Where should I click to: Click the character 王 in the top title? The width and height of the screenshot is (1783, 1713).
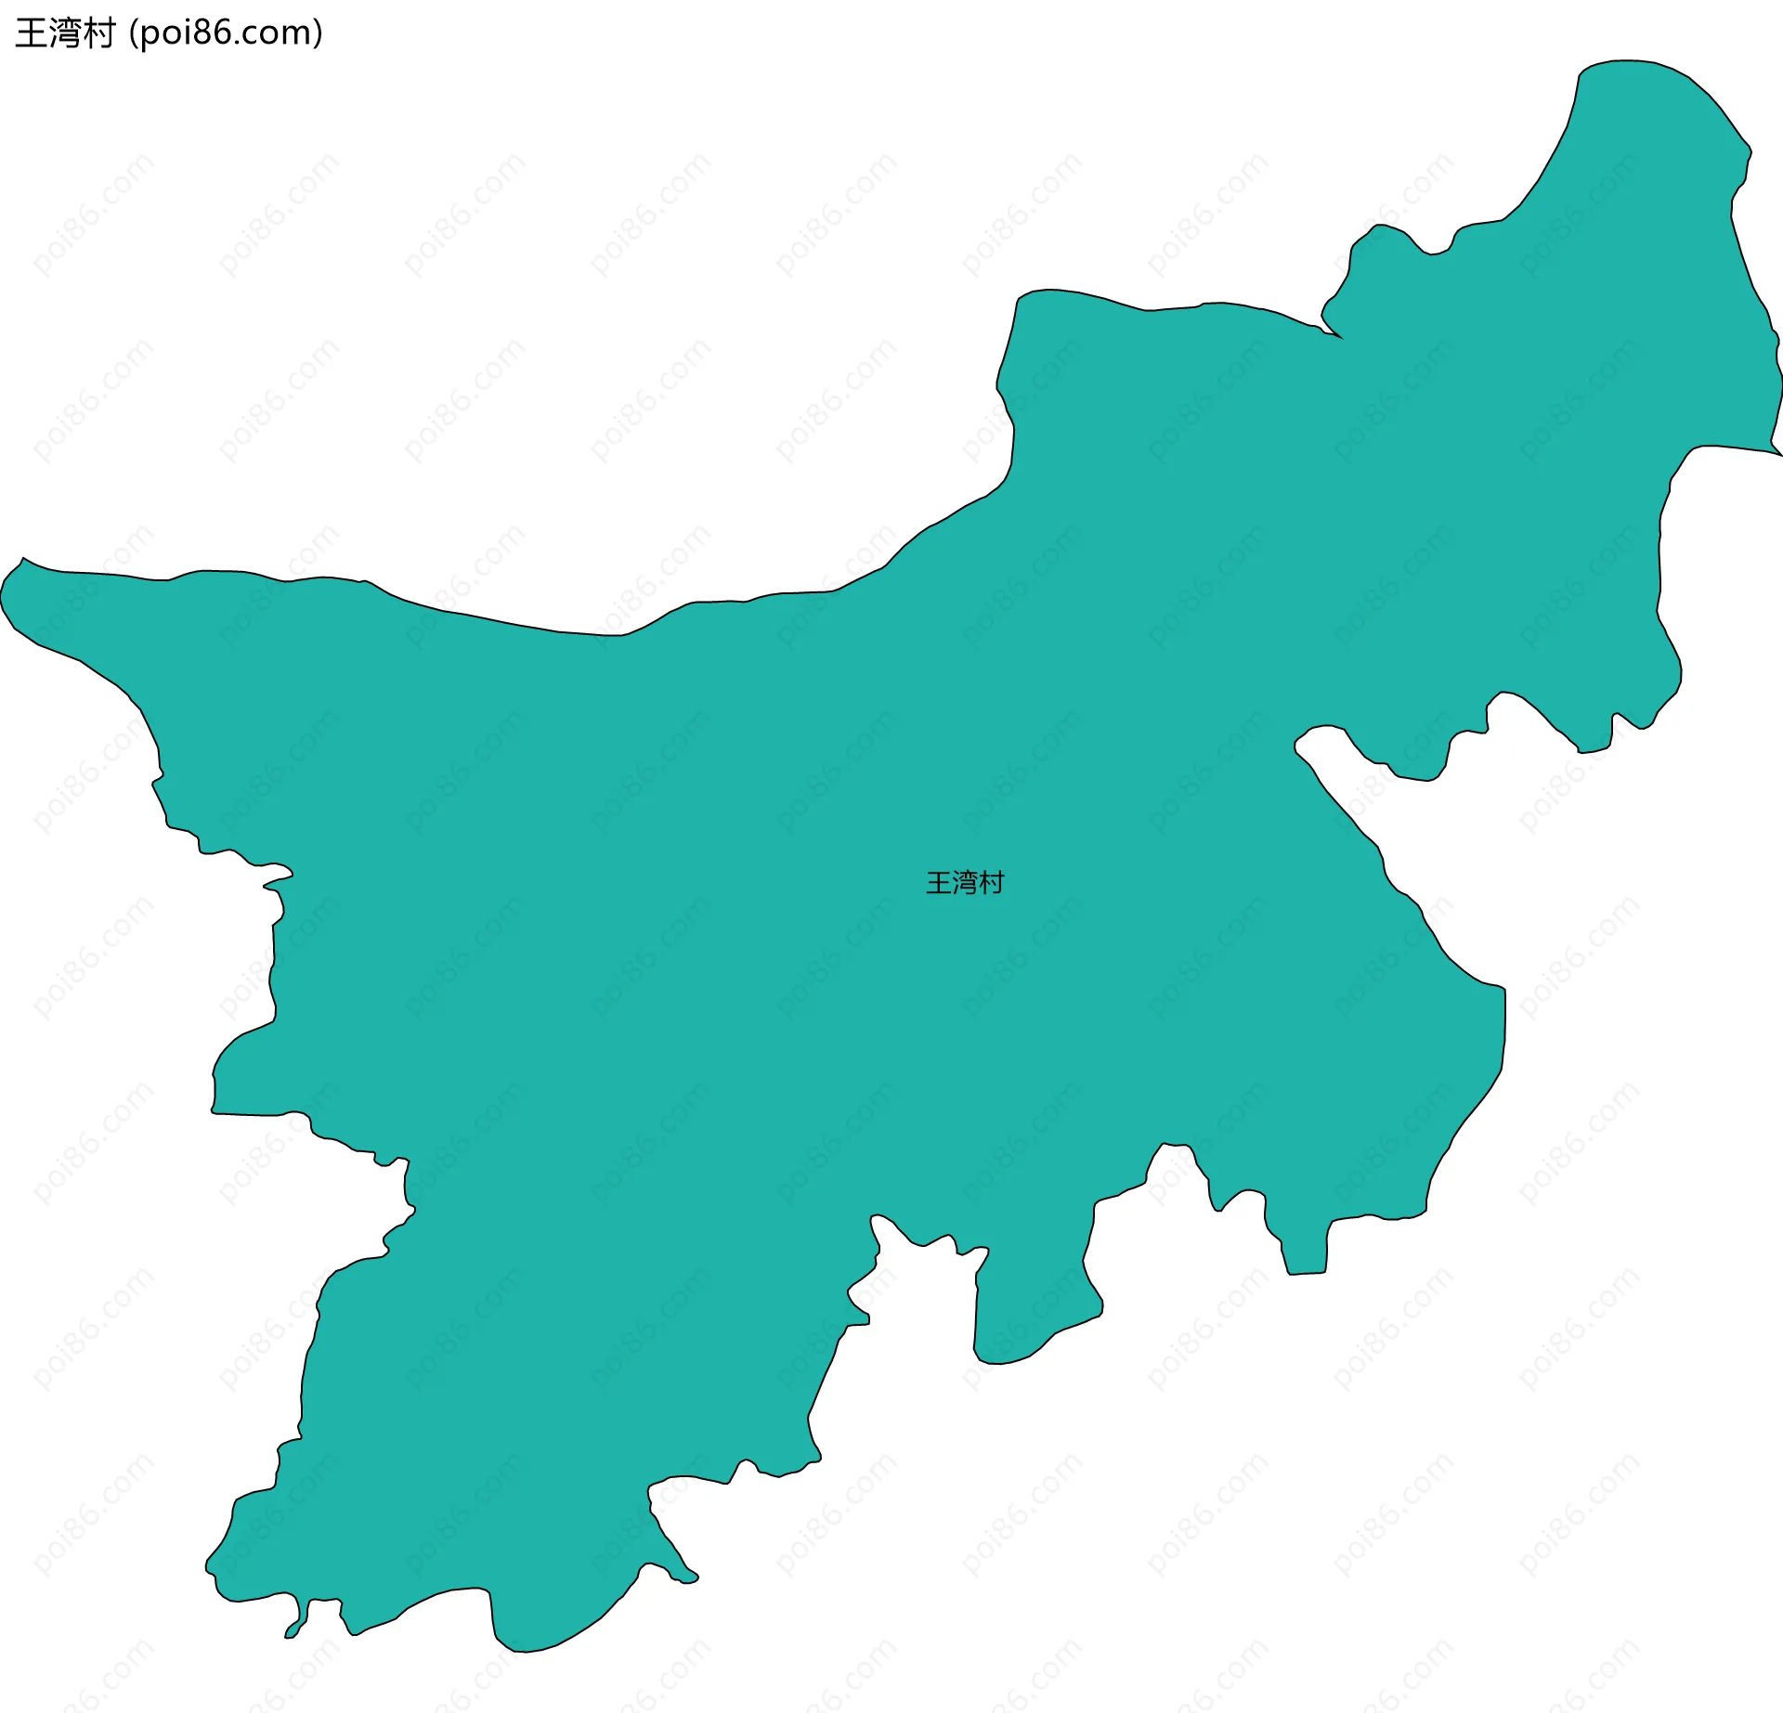(x=31, y=33)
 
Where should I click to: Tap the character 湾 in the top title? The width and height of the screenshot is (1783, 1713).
(x=64, y=33)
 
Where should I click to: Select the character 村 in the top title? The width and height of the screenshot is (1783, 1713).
(x=98, y=33)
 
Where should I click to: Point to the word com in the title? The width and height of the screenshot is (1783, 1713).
(x=274, y=34)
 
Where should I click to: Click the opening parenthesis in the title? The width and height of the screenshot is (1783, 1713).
(x=134, y=34)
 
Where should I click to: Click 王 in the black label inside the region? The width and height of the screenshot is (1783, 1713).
(x=939, y=883)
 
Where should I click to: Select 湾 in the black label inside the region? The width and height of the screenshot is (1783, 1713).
(x=965, y=883)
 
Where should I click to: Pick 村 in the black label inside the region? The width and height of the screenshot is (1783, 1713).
(x=991, y=883)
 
